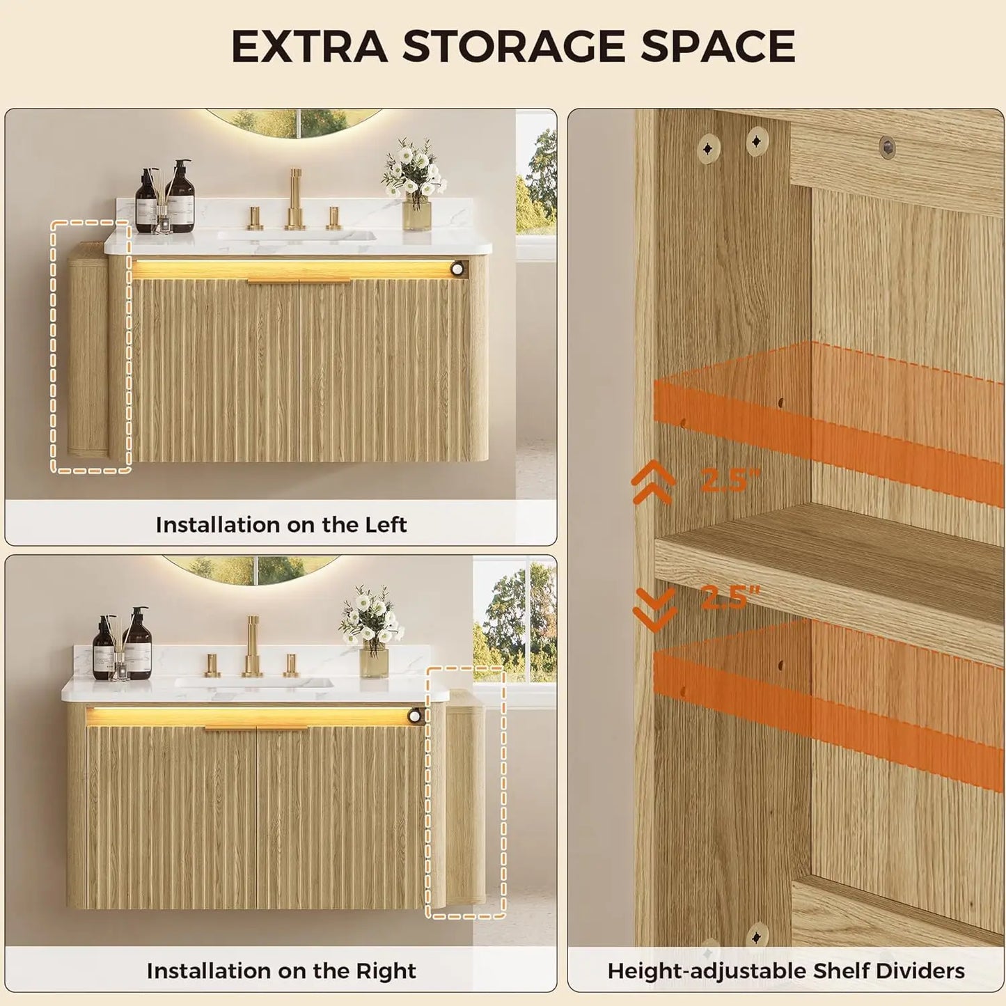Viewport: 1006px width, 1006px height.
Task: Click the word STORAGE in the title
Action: tap(513, 47)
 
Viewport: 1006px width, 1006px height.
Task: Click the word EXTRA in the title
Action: tap(309, 47)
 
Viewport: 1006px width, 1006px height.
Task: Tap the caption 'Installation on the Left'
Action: tap(281, 525)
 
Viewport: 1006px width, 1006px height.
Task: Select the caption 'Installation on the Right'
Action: tap(281, 957)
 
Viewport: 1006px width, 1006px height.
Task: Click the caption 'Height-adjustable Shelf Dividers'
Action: tap(786, 957)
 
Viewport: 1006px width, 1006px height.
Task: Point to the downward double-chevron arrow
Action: tap(654, 608)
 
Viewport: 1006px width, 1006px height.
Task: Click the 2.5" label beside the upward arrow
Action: tap(730, 479)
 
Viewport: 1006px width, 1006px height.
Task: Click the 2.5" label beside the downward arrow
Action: tap(730, 597)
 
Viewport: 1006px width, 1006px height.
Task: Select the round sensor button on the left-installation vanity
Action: tap(458, 269)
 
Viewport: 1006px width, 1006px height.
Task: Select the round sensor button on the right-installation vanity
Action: tap(415, 716)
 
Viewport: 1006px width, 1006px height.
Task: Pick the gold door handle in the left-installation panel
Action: tap(299, 281)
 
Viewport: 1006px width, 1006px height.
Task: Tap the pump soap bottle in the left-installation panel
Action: tap(180, 196)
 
